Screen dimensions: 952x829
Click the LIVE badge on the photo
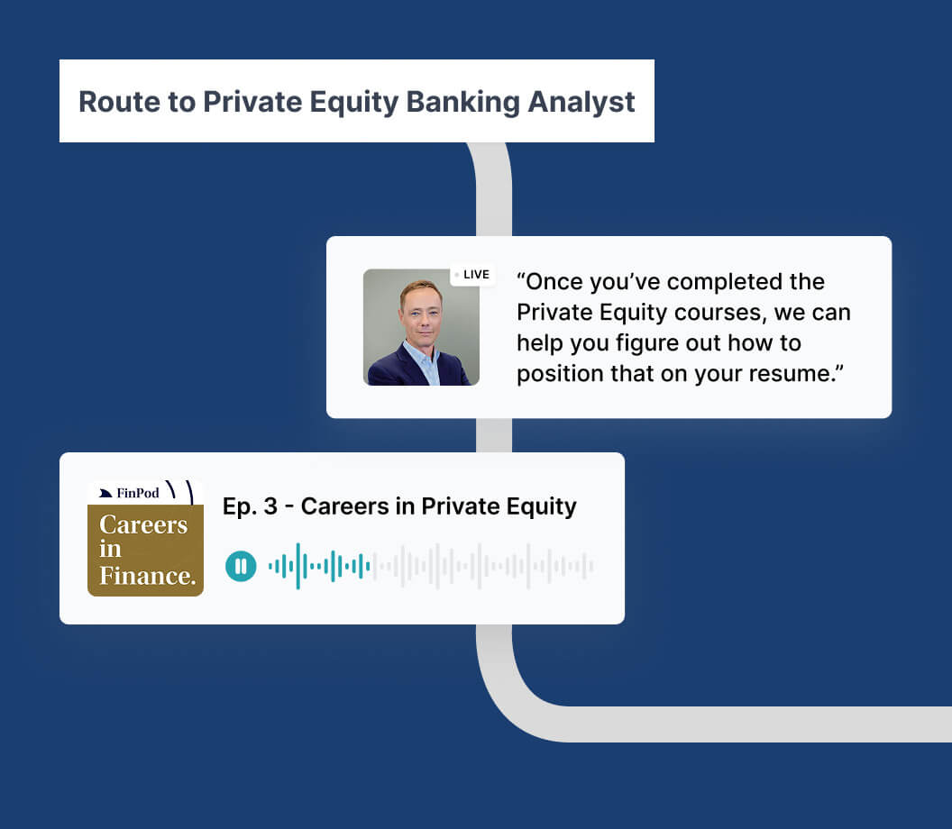tap(472, 274)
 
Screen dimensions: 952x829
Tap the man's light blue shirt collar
tap(423, 359)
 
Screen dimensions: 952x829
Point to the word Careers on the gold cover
tap(143, 524)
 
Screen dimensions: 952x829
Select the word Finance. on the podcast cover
tap(148, 575)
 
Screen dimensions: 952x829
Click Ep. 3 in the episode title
tap(250, 506)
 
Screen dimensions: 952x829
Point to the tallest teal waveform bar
tap(298, 566)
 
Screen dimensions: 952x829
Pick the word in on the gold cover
tap(110, 549)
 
